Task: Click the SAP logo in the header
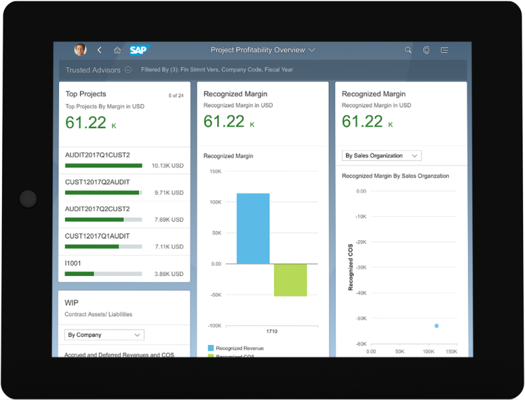tap(140, 50)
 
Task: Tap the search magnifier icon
tap(408, 50)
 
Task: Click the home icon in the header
tap(117, 50)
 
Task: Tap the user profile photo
tap(80, 50)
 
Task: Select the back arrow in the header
tap(100, 50)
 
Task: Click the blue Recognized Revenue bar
tap(253, 228)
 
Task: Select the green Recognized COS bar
tap(290, 280)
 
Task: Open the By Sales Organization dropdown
tap(382, 155)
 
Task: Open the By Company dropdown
tap(104, 334)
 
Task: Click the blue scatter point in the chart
tap(436, 326)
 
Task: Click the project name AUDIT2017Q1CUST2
tap(97, 155)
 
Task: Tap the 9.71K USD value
tap(169, 193)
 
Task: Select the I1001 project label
tap(73, 263)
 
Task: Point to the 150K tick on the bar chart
tap(215, 171)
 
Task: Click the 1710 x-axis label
tap(271, 332)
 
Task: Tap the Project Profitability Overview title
tap(258, 50)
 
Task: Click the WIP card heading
tap(72, 303)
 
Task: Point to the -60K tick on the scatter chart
tap(360, 344)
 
